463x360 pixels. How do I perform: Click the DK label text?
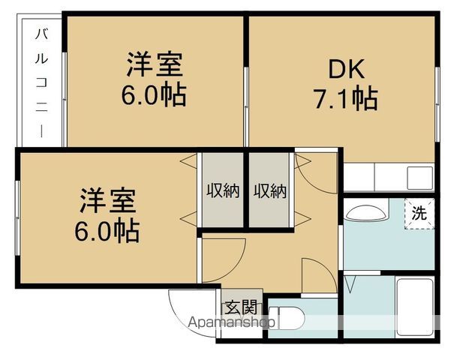[344, 69]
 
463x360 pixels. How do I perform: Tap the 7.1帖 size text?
[344, 98]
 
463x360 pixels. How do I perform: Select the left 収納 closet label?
[223, 190]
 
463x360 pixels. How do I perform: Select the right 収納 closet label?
[270, 190]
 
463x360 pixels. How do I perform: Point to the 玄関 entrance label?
[241, 307]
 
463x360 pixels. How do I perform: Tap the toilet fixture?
[289, 318]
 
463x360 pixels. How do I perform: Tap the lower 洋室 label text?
[107, 202]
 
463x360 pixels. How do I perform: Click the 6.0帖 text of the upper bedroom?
[155, 96]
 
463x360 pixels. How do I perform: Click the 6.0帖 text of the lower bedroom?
[107, 231]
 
